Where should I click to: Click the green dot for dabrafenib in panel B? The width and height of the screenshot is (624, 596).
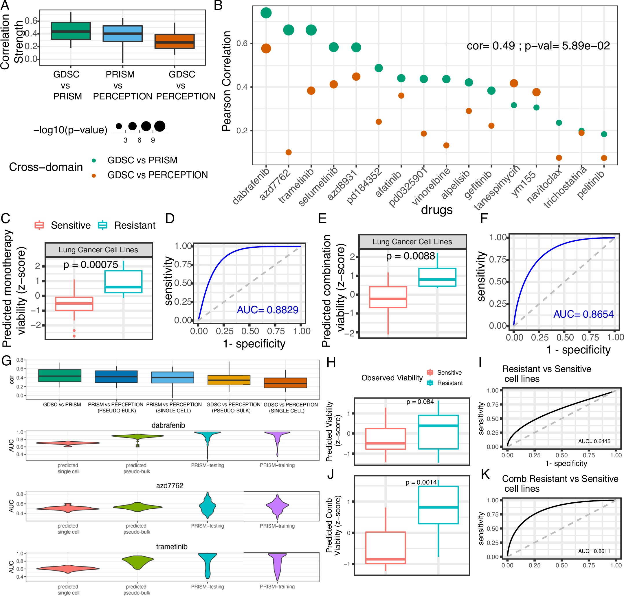tap(266, 13)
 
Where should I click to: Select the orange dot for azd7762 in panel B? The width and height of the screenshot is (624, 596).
tap(289, 152)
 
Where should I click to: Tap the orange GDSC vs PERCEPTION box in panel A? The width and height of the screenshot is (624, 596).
tap(174, 41)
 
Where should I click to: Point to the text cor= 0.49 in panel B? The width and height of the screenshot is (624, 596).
tap(490, 46)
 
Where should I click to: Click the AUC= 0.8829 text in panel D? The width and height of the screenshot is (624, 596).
tap(267, 310)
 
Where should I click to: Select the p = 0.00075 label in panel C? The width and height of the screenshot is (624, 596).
tap(91, 265)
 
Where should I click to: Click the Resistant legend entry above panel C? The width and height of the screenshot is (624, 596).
tap(134, 225)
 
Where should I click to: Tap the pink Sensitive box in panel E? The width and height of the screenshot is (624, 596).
tap(388, 297)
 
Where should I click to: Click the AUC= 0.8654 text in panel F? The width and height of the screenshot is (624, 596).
tap(583, 314)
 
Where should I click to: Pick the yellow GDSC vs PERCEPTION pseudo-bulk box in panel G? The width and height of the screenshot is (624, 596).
tap(229, 380)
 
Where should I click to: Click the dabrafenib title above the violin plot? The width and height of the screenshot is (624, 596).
tap(168, 425)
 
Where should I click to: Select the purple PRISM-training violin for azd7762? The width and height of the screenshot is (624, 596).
tap(277, 505)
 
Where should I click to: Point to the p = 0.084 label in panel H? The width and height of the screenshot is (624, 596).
tap(420, 402)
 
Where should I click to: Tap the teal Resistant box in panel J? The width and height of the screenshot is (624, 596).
tap(438, 505)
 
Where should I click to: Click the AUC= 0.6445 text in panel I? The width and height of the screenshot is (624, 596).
tap(594, 441)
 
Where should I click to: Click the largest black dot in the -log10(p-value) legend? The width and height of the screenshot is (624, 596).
tap(160, 126)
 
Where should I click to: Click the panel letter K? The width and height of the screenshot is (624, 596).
tap(485, 474)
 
